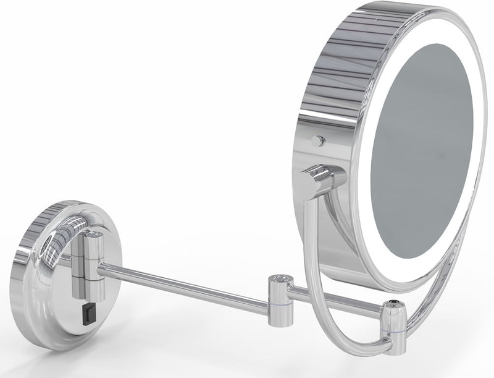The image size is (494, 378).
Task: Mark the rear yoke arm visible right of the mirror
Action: [x=454, y=266]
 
